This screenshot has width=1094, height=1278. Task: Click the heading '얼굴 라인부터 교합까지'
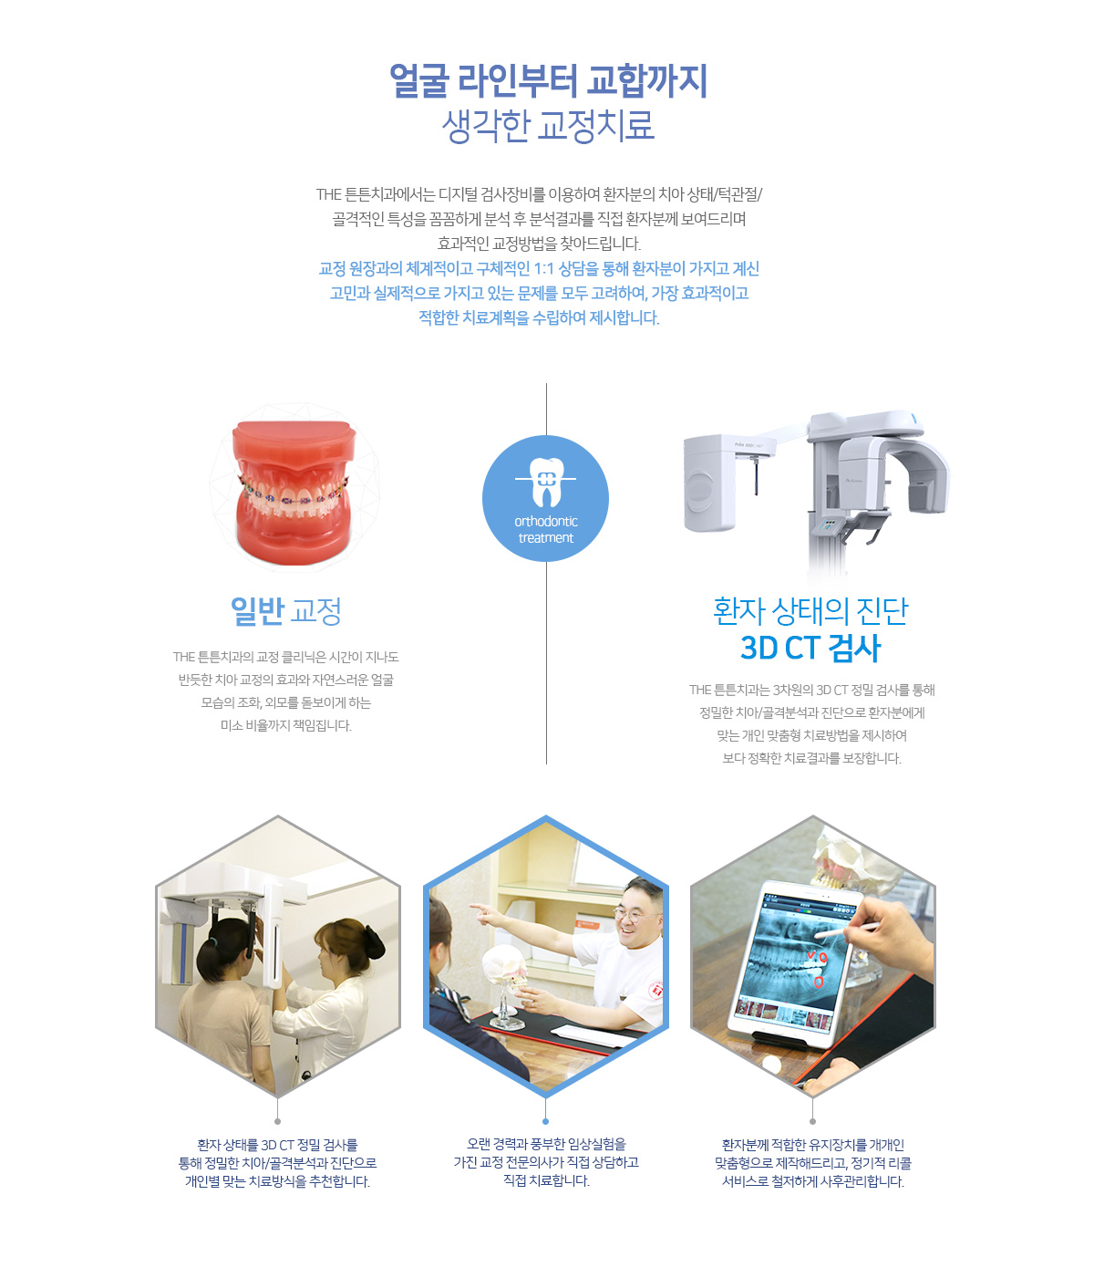[548, 80]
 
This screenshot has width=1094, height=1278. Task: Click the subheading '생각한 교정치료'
[548, 126]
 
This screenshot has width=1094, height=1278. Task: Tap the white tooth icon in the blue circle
[546, 482]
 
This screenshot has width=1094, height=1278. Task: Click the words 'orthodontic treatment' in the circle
[546, 529]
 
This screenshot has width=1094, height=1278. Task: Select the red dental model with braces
[294, 492]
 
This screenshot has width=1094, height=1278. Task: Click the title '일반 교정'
[285, 611]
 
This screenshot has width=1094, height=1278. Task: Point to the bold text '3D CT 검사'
[810, 648]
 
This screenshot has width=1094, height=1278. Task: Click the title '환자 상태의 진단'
[810, 611]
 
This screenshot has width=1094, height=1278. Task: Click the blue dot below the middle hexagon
[545, 1121]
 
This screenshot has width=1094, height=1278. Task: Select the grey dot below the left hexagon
[277, 1121]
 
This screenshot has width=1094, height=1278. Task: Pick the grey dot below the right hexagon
[813, 1121]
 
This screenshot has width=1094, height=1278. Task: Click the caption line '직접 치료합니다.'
[546, 1180]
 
